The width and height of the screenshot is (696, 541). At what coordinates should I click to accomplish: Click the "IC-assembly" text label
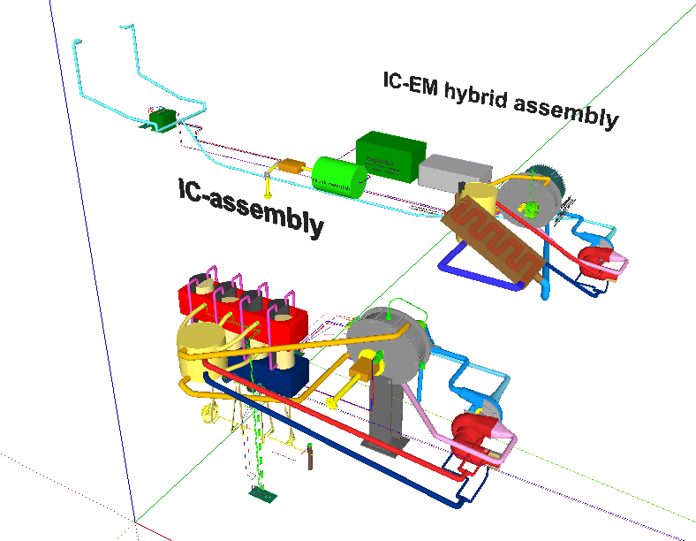click(x=250, y=207)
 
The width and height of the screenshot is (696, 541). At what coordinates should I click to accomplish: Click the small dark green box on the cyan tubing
click(x=162, y=118)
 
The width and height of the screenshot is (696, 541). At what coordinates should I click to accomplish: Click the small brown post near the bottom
click(x=309, y=460)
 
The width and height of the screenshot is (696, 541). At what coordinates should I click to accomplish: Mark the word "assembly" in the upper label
click(x=566, y=110)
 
